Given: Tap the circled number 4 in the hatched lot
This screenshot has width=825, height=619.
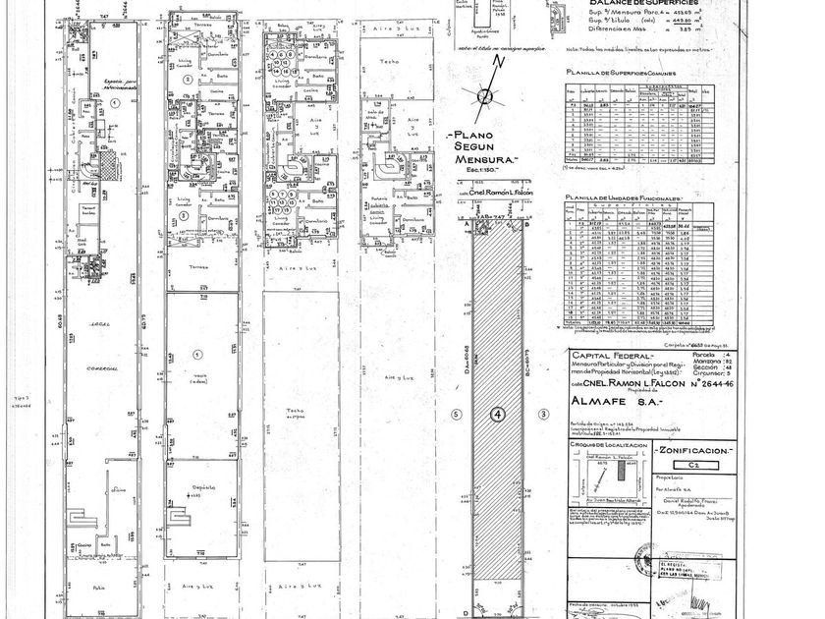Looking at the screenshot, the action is point(498,416).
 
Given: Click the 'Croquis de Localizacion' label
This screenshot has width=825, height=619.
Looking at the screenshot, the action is point(598,444).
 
